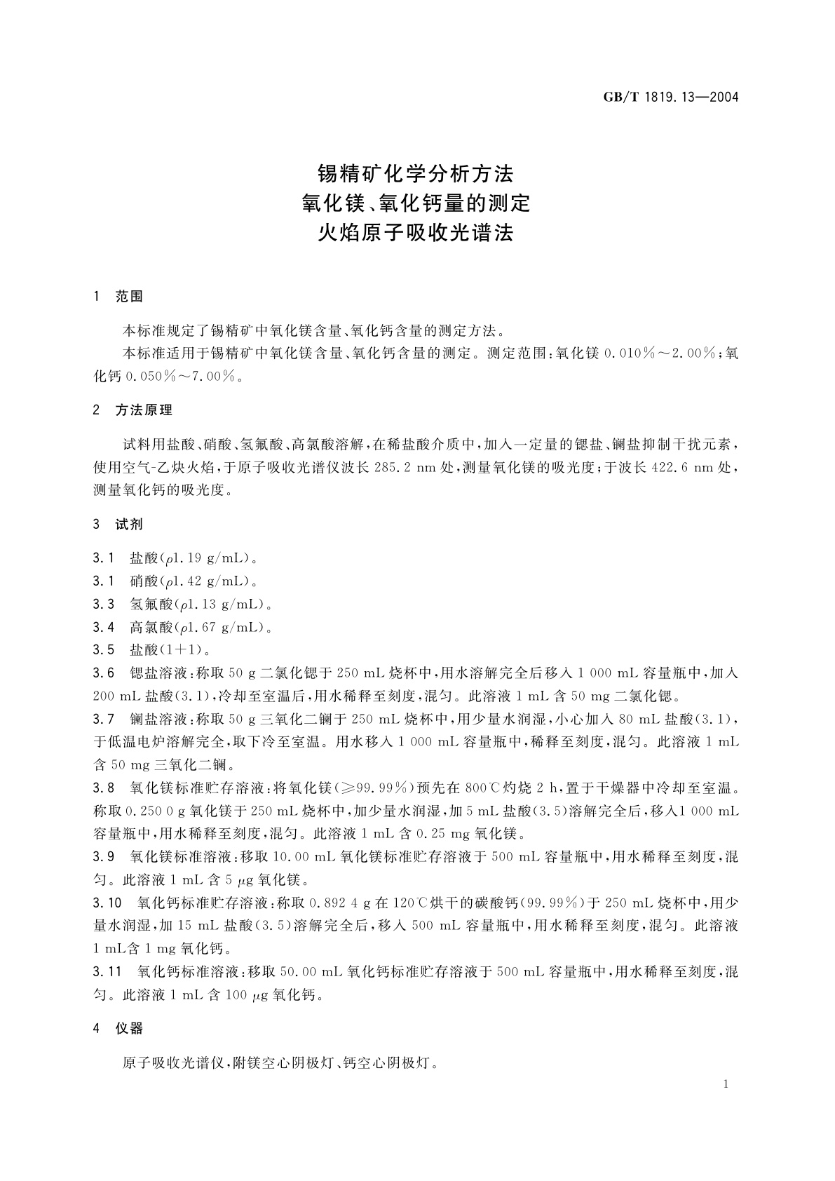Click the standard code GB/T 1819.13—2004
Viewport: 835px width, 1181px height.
[x=671, y=97]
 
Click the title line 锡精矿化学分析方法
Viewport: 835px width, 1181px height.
[x=416, y=173]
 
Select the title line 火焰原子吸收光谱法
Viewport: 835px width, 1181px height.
[x=416, y=232]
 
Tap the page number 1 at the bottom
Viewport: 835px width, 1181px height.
[x=726, y=1084]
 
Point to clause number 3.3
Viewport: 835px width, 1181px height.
[x=103, y=604]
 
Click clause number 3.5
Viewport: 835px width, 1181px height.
[x=103, y=650]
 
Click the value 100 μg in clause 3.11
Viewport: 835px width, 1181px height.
[x=243, y=995]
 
